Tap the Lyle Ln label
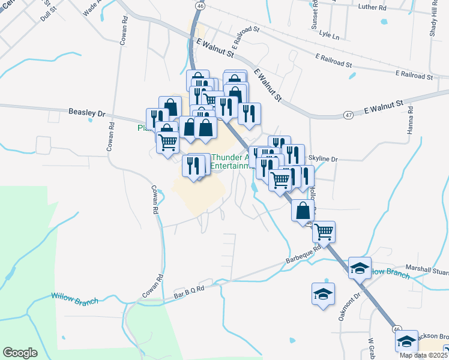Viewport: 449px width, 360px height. pyautogui.click(x=329, y=37)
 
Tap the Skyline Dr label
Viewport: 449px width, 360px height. pyautogui.click(x=323, y=159)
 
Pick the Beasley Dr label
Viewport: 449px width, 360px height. pyautogui.click(x=86, y=112)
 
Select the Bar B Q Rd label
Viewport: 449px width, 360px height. pyautogui.click(x=189, y=290)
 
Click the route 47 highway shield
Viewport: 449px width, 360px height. pyautogui.click(x=349, y=115)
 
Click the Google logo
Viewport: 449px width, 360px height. pyautogui.click(x=20, y=352)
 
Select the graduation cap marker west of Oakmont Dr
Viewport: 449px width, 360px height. pyautogui.click(x=323, y=295)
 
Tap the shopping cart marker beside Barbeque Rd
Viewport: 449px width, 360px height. pyautogui.click(x=324, y=230)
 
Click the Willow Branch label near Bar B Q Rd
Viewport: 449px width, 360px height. pyautogui.click(x=74, y=298)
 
